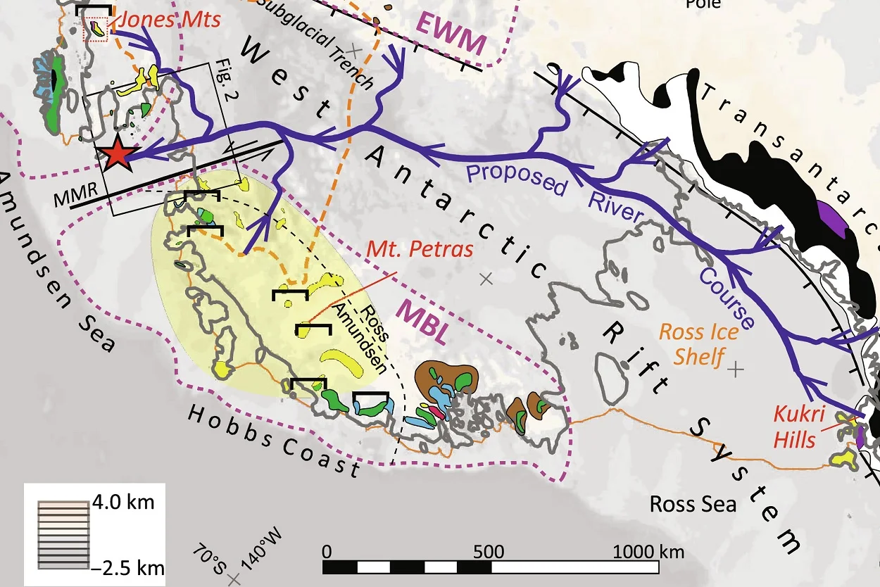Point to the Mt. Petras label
(x=420, y=250)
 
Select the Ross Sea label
(x=693, y=504)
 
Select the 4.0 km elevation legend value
(x=124, y=503)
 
